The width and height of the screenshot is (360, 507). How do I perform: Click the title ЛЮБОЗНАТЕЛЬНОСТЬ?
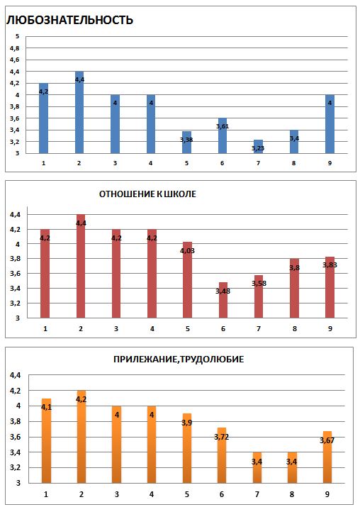point(69,20)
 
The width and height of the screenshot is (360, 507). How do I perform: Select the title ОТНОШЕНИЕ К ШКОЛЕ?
point(147,194)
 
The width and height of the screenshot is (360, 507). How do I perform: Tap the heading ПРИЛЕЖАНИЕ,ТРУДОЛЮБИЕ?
point(179,360)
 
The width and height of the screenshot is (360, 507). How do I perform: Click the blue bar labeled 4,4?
point(79,112)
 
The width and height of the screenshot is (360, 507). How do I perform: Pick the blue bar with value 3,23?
point(258,147)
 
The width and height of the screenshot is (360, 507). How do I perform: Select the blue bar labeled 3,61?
point(223,135)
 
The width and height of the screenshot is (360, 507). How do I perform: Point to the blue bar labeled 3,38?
point(187,143)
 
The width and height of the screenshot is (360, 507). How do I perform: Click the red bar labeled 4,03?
point(187,279)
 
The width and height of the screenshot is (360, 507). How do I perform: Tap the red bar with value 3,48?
point(223,300)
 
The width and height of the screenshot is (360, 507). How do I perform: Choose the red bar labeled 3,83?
point(330,287)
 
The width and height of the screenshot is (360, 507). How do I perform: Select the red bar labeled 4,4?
point(81,266)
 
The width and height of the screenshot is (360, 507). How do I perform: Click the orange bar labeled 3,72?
point(222,455)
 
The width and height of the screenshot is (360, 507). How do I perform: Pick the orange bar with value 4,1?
point(46,441)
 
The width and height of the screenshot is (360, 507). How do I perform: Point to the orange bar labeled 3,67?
point(327,457)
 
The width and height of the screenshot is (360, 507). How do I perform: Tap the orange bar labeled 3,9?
point(186,448)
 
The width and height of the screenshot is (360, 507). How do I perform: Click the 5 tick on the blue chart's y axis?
point(18,37)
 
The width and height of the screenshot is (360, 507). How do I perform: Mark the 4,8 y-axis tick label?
point(15,48)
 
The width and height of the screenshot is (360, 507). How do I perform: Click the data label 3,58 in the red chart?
point(259,284)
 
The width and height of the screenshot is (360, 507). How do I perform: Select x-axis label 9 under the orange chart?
point(327,494)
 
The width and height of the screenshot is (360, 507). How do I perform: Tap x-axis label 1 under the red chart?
point(45,329)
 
